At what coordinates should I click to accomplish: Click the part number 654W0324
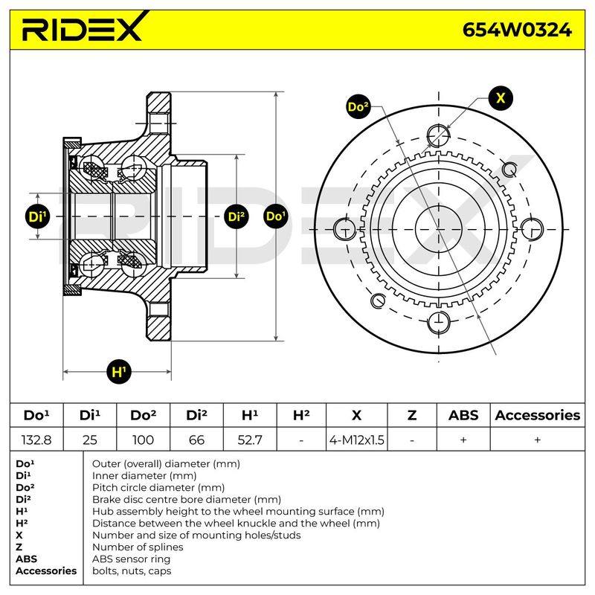pyautogui.click(x=517, y=30)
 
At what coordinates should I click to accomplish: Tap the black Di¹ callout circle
pyautogui.click(x=38, y=216)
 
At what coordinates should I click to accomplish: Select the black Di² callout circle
pyautogui.click(x=237, y=216)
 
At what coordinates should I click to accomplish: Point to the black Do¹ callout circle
pyautogui.click(x=276, y=216)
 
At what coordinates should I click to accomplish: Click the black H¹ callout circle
pyautogui.click(x=119, y=371)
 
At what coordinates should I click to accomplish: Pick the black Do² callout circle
pyautogui.click(x=358, y=106)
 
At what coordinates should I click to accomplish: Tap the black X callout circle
pyautogui.click(x=501, y=98)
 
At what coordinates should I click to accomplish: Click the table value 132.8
pyautogui.click(x=36, y=440)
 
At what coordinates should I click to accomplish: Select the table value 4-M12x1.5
pyautogui.click(x=357, y=440)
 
